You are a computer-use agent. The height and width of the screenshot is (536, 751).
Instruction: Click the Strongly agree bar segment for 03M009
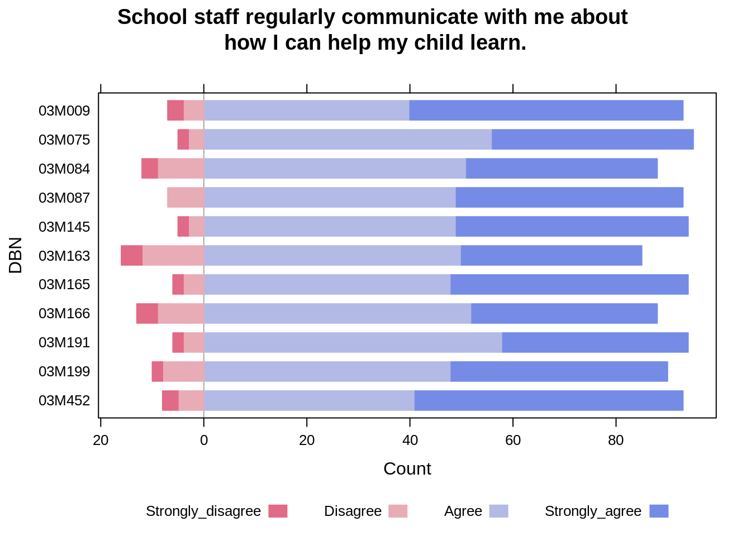(x=546, y=111)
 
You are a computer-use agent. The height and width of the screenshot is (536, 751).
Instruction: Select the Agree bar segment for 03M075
(x=348, y=140)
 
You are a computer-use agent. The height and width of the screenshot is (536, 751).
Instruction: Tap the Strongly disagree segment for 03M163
(x=132, y=255)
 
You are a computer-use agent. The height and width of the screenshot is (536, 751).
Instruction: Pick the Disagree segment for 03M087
(x=186, y=198)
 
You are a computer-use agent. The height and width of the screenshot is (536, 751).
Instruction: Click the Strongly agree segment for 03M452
(x=549, y=400)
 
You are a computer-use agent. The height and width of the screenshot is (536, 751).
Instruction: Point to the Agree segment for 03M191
(x=353, y=342)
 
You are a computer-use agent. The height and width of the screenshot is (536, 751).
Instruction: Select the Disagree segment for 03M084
(x=181, y=169)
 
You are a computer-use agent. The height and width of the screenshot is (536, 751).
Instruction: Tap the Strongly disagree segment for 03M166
(x=147, y=313)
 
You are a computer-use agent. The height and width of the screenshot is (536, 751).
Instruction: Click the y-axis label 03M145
(x=64, y=227)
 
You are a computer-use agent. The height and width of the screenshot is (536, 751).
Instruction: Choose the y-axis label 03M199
(x=64, y=371)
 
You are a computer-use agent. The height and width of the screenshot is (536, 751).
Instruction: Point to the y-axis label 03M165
(x=64, y=284)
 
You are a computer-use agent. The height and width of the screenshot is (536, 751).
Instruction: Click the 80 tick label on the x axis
(x=616, y=441)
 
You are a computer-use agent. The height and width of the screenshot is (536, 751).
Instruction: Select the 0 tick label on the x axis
(x=204, y=441)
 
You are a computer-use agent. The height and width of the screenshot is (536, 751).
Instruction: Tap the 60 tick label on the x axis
(x=513, y=441)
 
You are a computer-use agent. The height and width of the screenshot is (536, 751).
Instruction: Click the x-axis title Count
(x=407, y=468)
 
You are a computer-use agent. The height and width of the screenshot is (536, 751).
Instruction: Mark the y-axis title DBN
(x=16, y=255)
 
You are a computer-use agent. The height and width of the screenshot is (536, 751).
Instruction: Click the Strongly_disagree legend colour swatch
(x=278, y=511)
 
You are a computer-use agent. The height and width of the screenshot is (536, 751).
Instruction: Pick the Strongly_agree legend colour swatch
(x=659, y=511)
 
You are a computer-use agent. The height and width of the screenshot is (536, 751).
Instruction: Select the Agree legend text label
(x=463, y=511)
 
